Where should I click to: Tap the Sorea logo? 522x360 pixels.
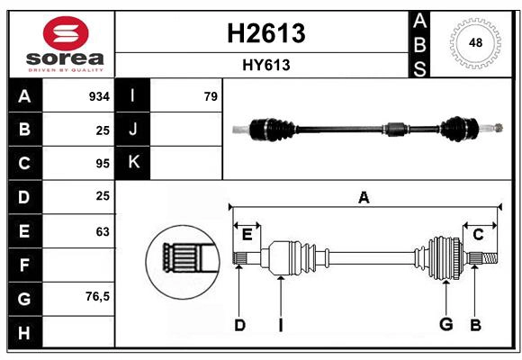click(x=61, y=43)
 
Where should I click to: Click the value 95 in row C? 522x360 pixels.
click(x=102, y=164)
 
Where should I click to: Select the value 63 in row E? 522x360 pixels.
click(x=102, y=231)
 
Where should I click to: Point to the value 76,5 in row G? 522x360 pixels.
click(x=97, y=297)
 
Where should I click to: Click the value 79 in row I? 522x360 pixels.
click(x=211, y=96)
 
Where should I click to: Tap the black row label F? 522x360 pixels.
click(x=24, y=265)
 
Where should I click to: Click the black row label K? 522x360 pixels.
click(x=133, y=163)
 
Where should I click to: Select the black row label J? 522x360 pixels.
click(x=133, y=130)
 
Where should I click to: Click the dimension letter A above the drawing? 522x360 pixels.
click(x=364, y=196)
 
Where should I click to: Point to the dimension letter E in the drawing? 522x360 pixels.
click(x=247, y=235)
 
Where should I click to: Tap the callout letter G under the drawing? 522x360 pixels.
click(x=445, y=325)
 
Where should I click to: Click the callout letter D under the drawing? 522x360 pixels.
click(x=239, y=325)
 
